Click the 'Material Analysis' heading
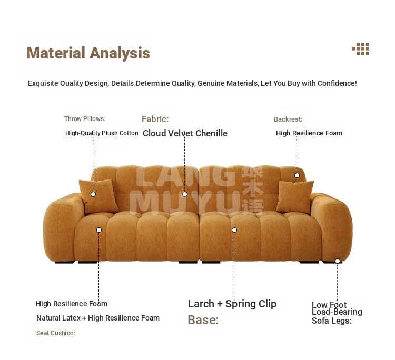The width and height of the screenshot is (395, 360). [88, 53]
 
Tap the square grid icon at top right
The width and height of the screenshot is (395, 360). [361, 48]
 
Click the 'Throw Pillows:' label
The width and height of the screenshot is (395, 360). [85, 119]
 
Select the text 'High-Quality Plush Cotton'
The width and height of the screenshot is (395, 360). [102, 133]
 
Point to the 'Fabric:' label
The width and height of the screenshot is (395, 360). [155, 119]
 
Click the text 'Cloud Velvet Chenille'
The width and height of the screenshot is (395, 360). [185, 133]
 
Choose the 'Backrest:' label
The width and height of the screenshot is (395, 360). [288, 119]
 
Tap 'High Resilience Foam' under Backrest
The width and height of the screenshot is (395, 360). [309, 133]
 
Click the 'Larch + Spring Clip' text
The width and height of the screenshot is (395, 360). [232, 304]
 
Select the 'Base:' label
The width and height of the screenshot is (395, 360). [203, 320]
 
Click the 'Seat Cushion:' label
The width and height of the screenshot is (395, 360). [56, 333]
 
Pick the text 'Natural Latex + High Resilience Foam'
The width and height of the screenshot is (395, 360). [98, 318]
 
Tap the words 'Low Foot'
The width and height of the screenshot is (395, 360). [329, 305]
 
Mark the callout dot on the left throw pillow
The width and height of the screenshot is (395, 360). [93, 194]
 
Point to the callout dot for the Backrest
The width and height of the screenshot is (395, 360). [297, 175]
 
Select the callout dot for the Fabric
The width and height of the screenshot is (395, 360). [185, 194]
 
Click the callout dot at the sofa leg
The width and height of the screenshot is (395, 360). [338, 261]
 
